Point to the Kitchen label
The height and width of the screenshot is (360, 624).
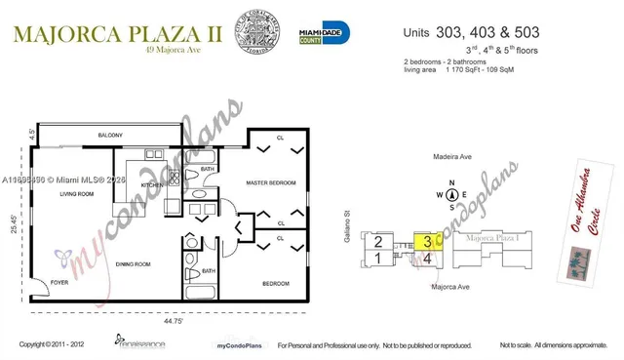coord(152,184)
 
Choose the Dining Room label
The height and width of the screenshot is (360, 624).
coord(133,264)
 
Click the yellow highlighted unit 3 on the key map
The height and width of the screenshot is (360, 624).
coord(426,241)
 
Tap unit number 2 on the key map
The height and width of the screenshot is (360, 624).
coord(376,241)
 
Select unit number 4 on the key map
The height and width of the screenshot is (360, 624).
coord(427,259)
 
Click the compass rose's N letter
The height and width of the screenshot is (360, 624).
coord(450,182)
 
